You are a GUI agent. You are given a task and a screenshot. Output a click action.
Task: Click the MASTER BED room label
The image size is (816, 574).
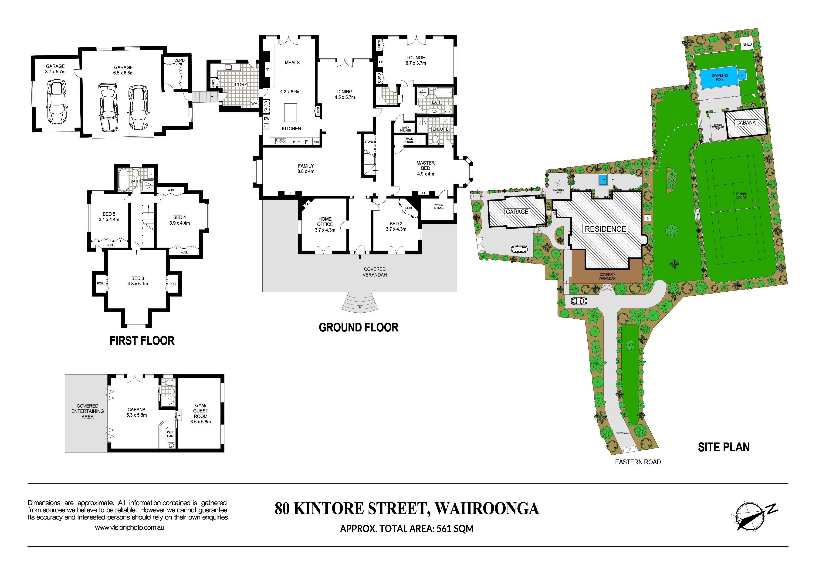425,166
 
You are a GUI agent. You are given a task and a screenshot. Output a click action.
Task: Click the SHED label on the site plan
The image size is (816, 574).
747,44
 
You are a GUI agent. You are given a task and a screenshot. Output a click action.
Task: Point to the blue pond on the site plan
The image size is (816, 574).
603,179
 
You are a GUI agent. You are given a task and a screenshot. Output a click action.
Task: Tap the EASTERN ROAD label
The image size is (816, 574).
638,462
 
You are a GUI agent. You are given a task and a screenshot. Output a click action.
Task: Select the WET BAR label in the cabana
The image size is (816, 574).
170,434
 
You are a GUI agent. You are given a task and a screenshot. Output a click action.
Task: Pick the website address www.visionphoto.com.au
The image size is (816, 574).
129,528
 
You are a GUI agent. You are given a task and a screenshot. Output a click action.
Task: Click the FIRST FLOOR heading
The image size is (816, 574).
142,341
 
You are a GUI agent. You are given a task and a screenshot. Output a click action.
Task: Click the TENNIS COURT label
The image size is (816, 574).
741,196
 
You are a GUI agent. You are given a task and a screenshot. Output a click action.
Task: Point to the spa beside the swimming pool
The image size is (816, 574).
742,75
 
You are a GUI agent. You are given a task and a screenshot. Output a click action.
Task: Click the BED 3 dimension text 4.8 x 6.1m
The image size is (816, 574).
138,284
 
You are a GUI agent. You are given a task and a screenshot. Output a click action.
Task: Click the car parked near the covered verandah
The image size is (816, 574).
579,301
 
